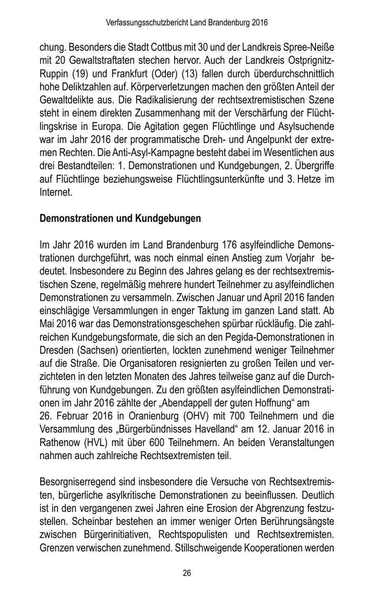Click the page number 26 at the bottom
pos(187,573)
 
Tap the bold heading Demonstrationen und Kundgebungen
pos(120,218)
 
